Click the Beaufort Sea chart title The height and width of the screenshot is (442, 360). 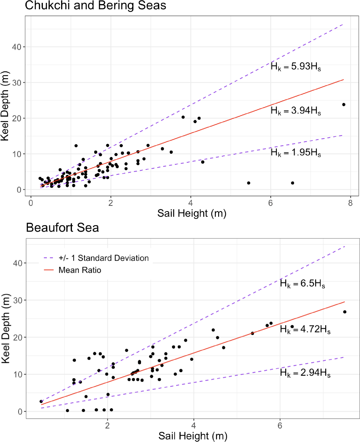click(62, 228)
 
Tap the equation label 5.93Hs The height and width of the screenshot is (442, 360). click(296, 67)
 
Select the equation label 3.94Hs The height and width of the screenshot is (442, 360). click(296, 111)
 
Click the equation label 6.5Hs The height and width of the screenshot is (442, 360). click(303, 284)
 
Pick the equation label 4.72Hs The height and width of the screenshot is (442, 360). click(305, 329)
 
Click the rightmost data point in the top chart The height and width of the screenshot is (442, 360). click(344, 105)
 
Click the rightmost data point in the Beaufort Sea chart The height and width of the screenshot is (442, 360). click(345, 312)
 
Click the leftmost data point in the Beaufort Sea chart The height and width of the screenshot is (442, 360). click(41, 401)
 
